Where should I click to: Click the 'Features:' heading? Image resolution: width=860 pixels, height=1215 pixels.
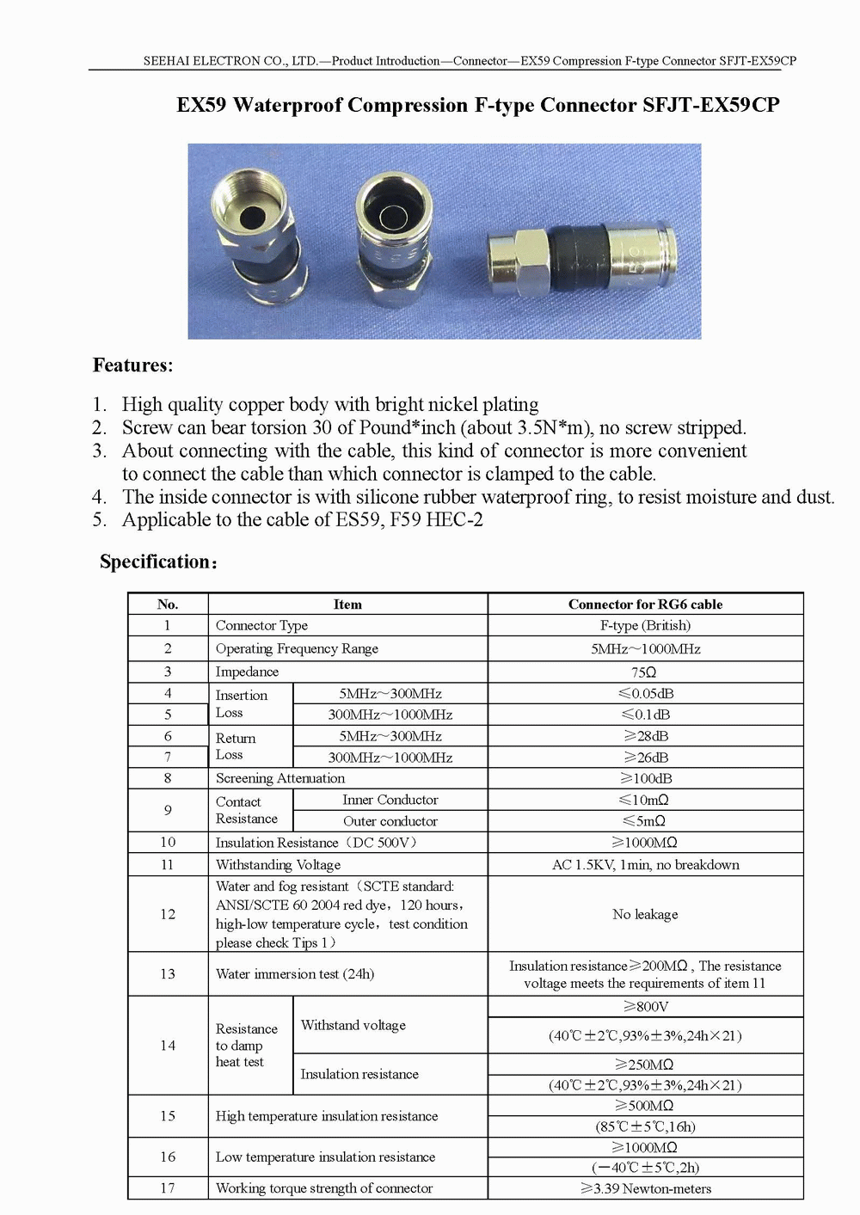click(132, 365)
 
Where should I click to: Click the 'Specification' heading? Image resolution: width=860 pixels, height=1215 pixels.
click(157, 562)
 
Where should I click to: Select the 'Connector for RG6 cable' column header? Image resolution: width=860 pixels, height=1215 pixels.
click(645, 604)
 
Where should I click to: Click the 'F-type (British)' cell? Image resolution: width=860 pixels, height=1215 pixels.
click(645, 626)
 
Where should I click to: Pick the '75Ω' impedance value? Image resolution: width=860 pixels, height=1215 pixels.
click(644, 672)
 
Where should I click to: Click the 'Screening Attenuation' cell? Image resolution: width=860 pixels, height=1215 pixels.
click(280, 778)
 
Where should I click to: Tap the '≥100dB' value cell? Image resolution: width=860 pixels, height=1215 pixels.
click(645, 778)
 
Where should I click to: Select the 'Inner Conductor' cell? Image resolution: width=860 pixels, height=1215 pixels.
click(390, 800)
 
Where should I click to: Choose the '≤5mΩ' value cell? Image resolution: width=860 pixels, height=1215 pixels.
click(645, 821)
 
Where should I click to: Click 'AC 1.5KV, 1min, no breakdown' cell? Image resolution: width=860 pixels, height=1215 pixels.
click(645, 865)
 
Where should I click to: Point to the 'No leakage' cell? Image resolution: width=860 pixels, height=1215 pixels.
click(645, 914)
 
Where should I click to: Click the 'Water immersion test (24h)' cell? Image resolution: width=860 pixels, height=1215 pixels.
click(295, 974)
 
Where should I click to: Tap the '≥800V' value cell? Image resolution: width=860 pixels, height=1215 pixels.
click(645, 1007)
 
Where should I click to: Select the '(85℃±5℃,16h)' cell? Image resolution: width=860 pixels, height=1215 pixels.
click(645, 1126)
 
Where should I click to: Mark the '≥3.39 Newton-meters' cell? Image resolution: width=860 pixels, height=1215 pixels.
click(645, 1189)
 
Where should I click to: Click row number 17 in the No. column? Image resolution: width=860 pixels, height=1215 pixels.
click(168, 1188)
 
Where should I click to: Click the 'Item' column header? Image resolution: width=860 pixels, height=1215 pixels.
click(347, 604)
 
